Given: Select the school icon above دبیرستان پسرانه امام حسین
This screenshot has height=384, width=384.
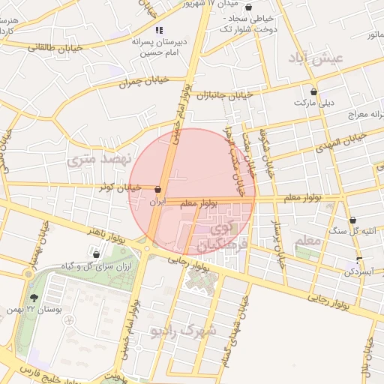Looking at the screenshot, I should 158,30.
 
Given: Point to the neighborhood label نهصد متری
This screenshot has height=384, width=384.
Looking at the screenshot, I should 99,158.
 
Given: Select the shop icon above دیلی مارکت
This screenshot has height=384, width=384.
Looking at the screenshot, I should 314,92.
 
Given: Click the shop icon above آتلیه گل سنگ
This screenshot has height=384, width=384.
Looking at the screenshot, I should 352,220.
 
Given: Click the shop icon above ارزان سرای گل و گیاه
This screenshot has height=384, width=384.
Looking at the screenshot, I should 96,255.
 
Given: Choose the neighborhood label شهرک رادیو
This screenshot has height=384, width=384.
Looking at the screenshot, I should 183,330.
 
